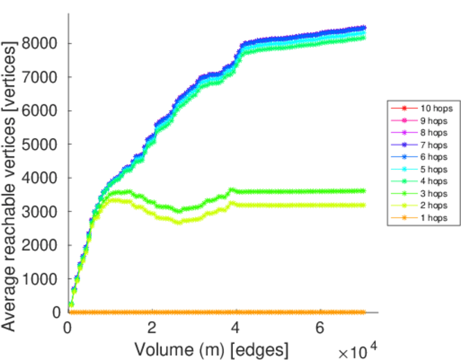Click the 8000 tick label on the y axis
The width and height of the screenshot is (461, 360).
coord(41,44)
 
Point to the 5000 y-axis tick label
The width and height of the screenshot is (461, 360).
coord(41,145)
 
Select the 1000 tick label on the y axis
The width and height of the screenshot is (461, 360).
coord(41,279)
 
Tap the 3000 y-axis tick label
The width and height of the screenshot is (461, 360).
coord(41,212)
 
